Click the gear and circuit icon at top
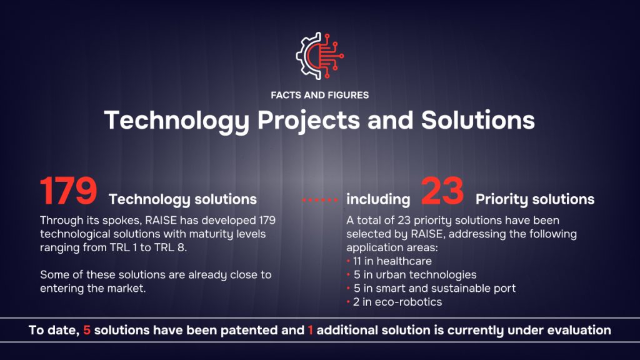(x=319, y=56)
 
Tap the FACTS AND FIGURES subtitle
(x=319, y=95)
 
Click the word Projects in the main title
(x=309, y=121)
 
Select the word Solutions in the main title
(x=477, y=120)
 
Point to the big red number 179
(x=68, y=190)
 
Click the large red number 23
(x=442, y=190)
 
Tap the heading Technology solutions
(x=182, y=199)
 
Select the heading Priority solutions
(x=535, y=199)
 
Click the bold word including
(x=378, y=199)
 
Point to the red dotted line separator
(x=320, y=200)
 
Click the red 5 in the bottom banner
(x=86, y=330)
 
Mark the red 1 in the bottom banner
(x=311, y=330)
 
